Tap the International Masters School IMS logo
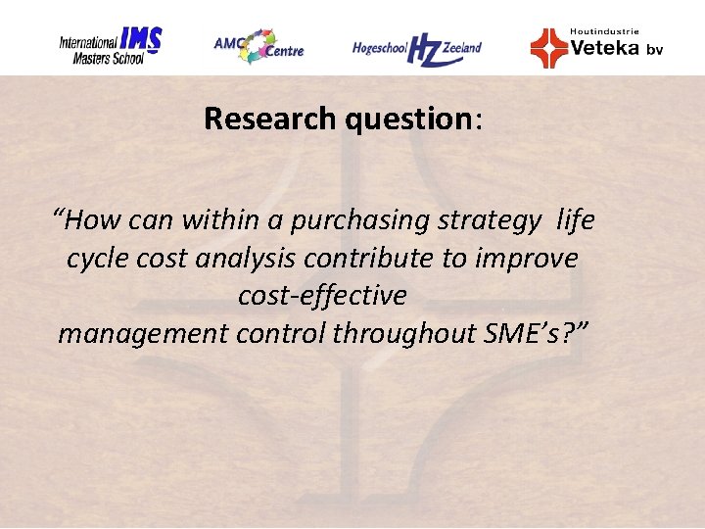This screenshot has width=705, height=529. [x=110, y=46]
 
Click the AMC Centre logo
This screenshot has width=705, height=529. [x=259, y=45]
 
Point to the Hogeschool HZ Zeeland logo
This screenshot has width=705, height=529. [x=417, y=47]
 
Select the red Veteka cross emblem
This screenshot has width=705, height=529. [x=548, y=47]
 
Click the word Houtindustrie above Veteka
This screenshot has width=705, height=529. [x=604, y=31]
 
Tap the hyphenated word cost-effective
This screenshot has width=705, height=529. [x=322, y=295]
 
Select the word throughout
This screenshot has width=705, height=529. [x=404, y=333]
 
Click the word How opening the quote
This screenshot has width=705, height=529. [x=91, y=221]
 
